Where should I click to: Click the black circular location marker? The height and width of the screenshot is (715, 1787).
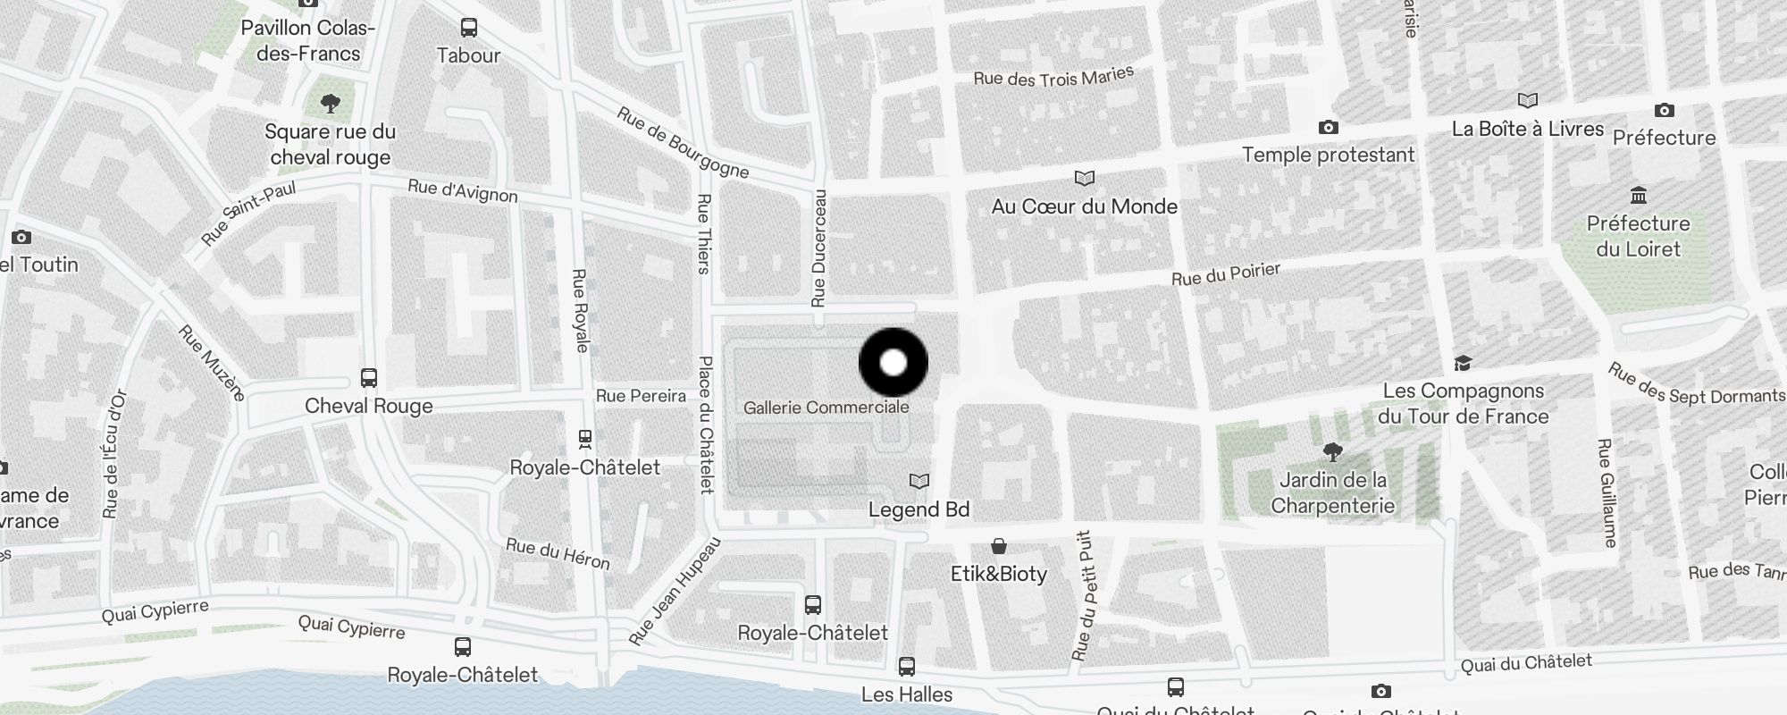[893, 363]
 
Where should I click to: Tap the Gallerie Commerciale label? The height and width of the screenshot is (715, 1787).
[826, 408]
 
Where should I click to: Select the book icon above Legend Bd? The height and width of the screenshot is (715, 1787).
[919, 482]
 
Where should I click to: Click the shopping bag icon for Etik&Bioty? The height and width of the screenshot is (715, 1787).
[999, 546]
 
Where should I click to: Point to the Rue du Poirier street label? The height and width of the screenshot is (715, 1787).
[1226, 274]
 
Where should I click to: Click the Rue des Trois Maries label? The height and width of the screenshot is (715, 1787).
[1053, 77]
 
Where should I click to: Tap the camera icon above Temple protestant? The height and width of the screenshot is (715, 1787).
[1328, 128]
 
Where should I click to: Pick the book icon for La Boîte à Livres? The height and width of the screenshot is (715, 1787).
[1528, 100]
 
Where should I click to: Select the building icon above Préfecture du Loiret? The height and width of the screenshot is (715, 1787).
[1639, 195]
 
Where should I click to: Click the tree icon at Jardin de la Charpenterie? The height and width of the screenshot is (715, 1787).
[1332, 452]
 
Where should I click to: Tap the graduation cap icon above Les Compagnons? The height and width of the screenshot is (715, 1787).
[1463, 363]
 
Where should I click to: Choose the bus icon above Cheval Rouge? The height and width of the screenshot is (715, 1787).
[369, 377]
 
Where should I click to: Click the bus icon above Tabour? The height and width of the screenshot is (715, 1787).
[468, 28]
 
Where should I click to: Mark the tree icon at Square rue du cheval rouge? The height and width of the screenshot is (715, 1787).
[331, 104]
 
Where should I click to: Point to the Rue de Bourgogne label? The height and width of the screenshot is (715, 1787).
[683, 143]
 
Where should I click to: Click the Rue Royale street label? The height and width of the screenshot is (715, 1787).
[580, 310]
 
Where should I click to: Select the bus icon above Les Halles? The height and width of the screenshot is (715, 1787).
[906, 666]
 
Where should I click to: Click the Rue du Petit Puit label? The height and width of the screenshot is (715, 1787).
[1083, 596]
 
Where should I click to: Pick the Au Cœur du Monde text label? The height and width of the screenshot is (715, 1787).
[1084, 206]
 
